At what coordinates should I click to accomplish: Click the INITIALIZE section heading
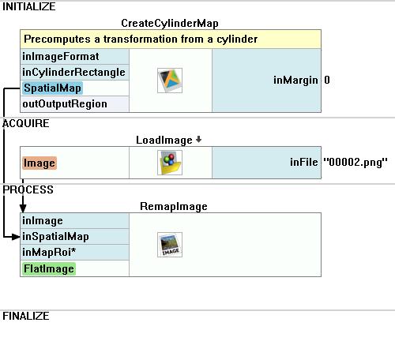tap(29, 7)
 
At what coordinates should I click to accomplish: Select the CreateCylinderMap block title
tap(170, 24)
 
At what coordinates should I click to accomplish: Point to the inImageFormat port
tap(61, 56)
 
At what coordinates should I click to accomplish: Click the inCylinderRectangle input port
tap(73, 73)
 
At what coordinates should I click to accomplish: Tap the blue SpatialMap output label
tap(52, 88)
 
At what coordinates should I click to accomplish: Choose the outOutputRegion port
tap(65, 104)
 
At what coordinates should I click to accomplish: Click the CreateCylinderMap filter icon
tap(170, 81)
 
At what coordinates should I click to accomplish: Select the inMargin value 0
tap(327, 80)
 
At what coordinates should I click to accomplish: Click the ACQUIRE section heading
tap(26, 123)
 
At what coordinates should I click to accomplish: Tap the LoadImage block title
tap(164, 140)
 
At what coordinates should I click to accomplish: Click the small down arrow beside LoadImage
tap(198, 140)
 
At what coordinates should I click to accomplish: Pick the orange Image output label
tap(39, 163)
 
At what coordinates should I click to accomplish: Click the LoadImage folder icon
tap(170, 163)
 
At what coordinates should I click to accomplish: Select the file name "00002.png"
tap(355, 162)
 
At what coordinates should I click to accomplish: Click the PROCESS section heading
tap(28, 189)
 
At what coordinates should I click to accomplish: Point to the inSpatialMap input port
tap(55, 237)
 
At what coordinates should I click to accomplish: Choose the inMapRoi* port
tap(49, 253)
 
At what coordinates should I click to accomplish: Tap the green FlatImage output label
tap(49, 269)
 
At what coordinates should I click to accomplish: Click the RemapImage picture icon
tap(170, 245)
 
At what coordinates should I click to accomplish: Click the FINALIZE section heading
tap(26, 316)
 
